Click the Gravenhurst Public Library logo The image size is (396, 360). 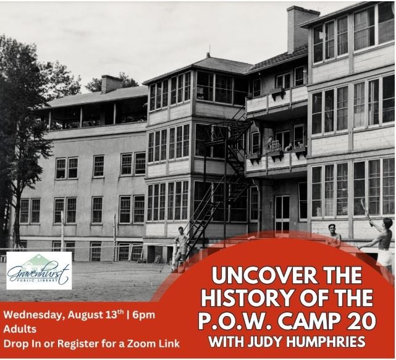[x=39, y=270]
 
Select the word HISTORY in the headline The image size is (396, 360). [x=240, y=298]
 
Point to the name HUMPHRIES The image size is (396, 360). [x=328, y=342]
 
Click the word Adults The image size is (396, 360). [x=20, y=329]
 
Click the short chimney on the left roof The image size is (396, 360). [x=111, y=84]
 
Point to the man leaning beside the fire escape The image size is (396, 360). [x=180, y=249]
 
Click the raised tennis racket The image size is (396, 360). [x=366, y=211]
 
